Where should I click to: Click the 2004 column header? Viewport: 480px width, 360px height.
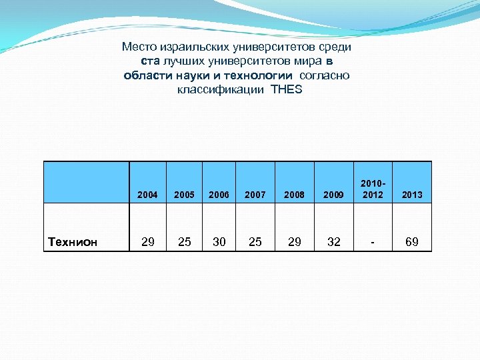click(x=147, y=195)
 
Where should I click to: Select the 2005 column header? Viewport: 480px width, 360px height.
click(x=184, y=195)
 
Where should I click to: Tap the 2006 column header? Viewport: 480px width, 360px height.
click(x=219, y=195)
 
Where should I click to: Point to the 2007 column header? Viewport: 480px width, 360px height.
click(x=255, y=195)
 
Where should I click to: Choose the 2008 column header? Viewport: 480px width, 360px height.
click(x=294, y=195)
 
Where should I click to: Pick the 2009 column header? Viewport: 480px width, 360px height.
click(x=334, y=195)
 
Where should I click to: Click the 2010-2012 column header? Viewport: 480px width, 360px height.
click(x=372, y=189)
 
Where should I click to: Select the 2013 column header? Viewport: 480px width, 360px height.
click(x=412, y=195)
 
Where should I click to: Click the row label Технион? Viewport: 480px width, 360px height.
click(x=73, y=242)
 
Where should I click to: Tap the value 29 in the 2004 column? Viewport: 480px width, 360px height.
click(x=148, y=242)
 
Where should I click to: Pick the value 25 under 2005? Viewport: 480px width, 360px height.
click(x=184, y=242)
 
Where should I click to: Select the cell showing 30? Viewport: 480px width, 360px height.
click(x=219, y=242)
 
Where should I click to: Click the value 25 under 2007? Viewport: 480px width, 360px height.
click(x=255, y=242)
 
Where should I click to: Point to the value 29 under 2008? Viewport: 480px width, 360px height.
click(x=294, y=242)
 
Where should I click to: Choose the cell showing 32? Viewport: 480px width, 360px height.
click(x=334, y=242)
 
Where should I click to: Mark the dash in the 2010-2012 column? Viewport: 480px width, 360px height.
click(x=372, y=242)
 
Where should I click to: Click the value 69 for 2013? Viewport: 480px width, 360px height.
click(x=412, y=242)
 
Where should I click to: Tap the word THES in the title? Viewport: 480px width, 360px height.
click(x=287, y=89)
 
